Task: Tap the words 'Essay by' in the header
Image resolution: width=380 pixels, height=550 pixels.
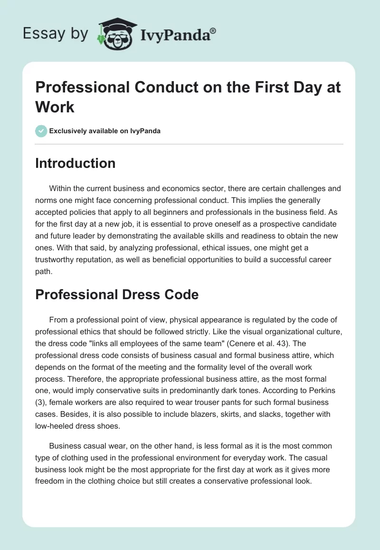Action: click(55, 34)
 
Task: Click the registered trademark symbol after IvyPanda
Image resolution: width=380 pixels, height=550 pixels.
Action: click(213, 31)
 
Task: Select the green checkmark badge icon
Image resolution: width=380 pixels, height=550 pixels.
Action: click(41, 131)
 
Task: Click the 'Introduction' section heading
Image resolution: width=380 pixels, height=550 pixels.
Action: click(75, 163)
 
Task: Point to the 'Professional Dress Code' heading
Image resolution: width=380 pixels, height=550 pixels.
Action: click(116, 294)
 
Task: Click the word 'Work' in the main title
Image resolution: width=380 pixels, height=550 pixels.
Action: click(55, 107)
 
